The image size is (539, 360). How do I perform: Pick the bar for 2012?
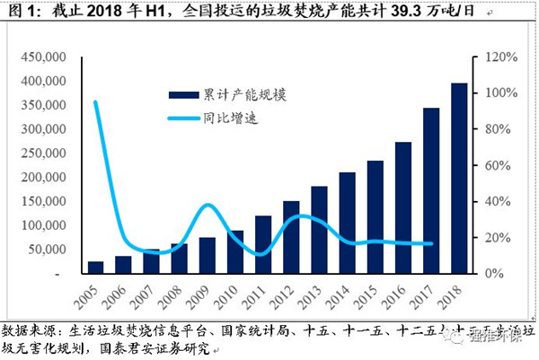(291, 237)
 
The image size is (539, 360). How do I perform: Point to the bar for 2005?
(95, 267)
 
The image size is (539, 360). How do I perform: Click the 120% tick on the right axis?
(499, 57)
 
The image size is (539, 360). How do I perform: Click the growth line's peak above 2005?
(95, 101)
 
